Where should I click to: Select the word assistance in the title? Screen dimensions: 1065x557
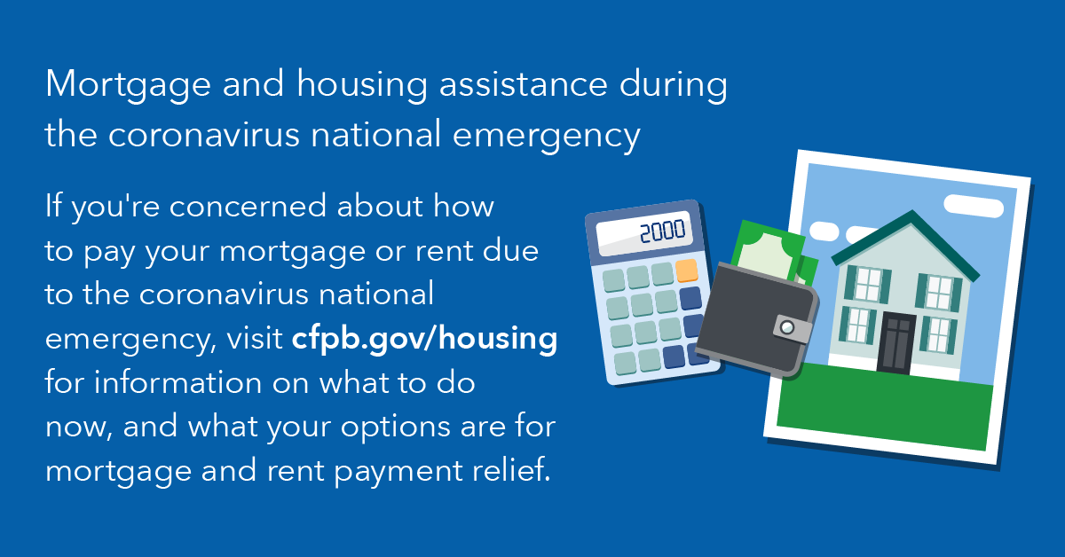click(524, 83)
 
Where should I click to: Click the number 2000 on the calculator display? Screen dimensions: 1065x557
click(662, 231)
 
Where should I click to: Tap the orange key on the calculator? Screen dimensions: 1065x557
click(686, 271)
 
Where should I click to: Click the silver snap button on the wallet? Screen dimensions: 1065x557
click(787, 327)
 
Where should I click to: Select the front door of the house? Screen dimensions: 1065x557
click(896, 343)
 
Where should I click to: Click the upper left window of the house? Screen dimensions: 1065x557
click(868, 284)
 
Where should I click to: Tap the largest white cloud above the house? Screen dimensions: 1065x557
click(974, 207)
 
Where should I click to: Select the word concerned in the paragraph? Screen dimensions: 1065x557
click(248, 208)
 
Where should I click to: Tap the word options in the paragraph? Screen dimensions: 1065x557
click(395, 428)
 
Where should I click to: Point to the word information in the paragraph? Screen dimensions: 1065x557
click(177, 382)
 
